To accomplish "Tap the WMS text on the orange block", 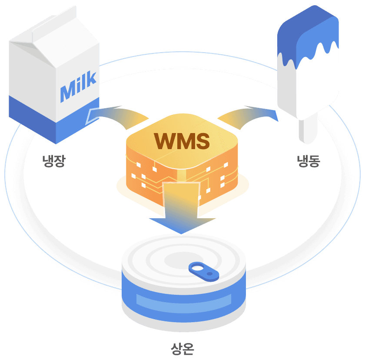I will [x=182, y=140].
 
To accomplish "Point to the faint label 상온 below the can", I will [x=182, y=348].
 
